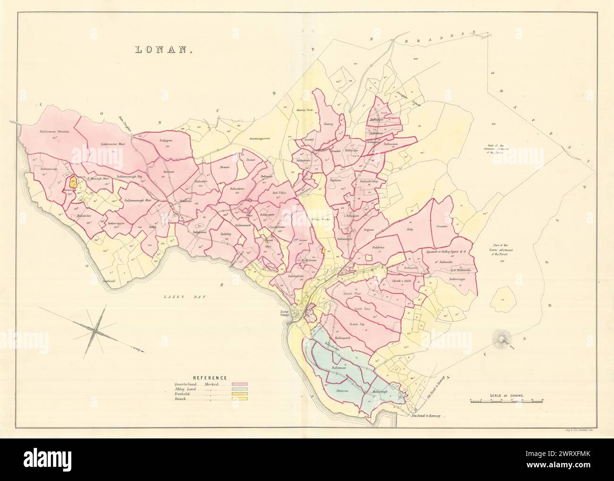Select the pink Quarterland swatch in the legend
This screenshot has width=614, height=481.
pos(239,385)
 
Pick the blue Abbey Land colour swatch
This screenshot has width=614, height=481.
pos(239,389)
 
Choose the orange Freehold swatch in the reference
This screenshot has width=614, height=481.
pos(239,394)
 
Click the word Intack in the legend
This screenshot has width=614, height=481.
pos(180,399)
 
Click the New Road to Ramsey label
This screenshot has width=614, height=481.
pos(425,416)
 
